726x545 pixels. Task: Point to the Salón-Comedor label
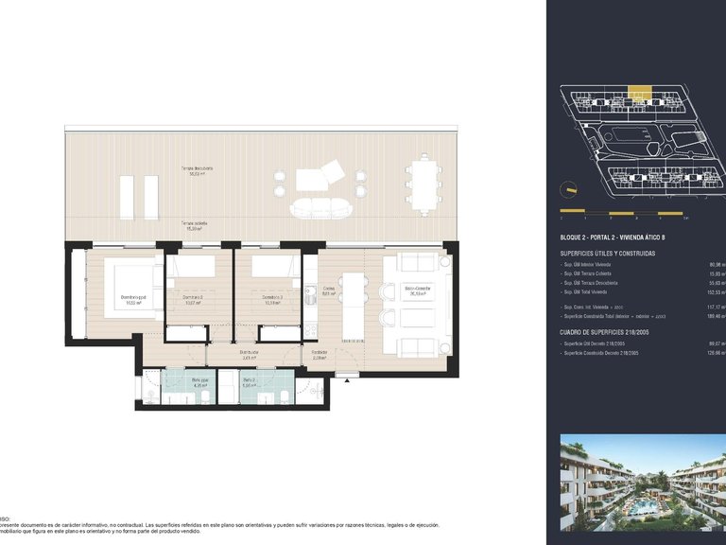coord(416,290)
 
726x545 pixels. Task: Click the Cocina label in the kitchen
coord(329,291)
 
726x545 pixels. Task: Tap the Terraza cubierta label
coord(196,226)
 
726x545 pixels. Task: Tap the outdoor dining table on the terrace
coord(422,185)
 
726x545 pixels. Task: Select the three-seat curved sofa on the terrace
coord(319,207)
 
